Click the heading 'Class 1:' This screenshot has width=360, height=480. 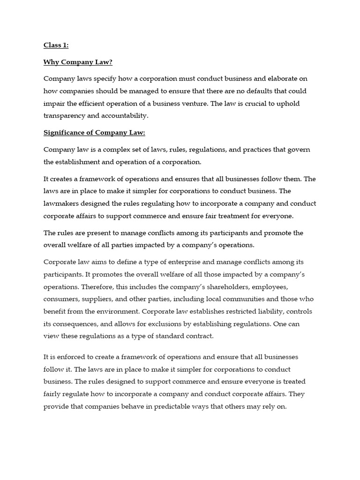(x=56, y=45)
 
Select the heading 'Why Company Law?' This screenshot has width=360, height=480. (x=75, y=62)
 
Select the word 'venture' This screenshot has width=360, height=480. (x=191, y=103)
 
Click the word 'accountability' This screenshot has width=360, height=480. (x=126, y=115)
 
